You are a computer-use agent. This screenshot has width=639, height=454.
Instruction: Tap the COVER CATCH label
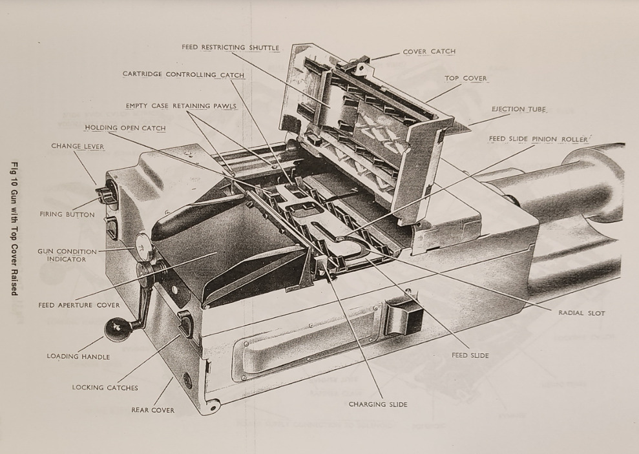pyautogui.click(x=429, y=52)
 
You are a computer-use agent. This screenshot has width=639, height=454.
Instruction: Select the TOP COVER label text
pyautogui.click(x=466, y=78)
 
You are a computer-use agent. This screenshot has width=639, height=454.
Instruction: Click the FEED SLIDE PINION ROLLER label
pyautogui.click(x=538, y=139)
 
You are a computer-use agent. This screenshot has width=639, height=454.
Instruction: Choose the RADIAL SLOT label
pyautogui.click(x=581, y=313)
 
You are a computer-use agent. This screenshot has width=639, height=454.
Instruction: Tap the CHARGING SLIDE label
pyautogui.click(x=379, y=404)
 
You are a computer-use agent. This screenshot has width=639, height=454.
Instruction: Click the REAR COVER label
pyautogui.click(x=153, y=409)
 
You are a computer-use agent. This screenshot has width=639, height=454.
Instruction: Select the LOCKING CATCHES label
pyautogui.click(x=105, y=387)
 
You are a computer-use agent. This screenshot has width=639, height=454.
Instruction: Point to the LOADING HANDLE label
pyautogui.click(x=78, y=356)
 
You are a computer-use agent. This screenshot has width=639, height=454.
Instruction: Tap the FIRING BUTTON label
pyautogui.click(x=67, y=214)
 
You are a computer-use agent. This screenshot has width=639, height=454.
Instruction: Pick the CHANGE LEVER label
pyautogui.click(x=78, y=146)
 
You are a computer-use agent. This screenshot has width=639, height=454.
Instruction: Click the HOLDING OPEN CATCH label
pyautogui.click(x=125, y=128)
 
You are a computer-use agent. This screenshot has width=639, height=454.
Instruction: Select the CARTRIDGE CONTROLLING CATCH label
pyautogui.click(x=183, y=74)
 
